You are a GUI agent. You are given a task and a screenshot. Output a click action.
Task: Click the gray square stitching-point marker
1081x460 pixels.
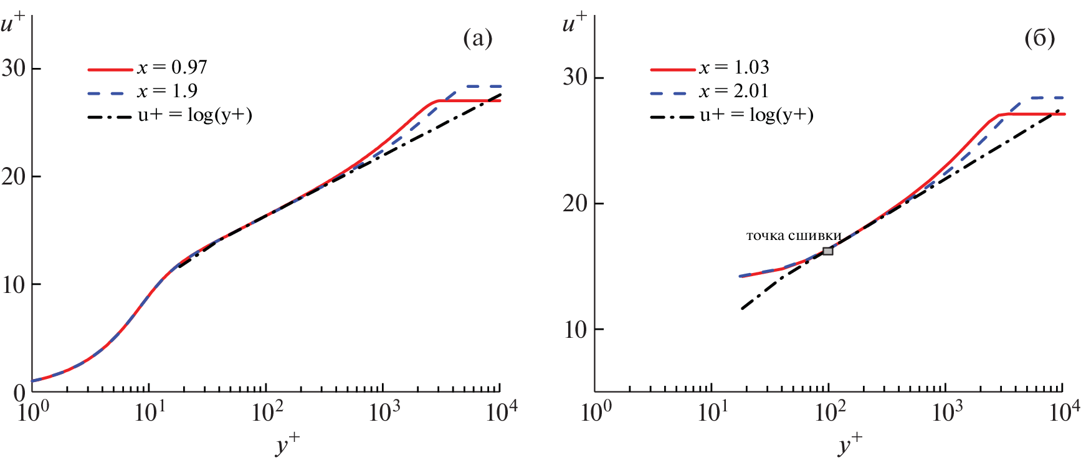click(x=827, y=251)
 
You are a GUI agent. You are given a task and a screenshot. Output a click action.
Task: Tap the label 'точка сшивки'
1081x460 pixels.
click(x=794, y=236)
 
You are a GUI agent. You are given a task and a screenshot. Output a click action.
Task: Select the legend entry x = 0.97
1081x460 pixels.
click(x=172, y=67)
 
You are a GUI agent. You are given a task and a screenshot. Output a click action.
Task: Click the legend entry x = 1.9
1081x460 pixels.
click(x=167, y=91)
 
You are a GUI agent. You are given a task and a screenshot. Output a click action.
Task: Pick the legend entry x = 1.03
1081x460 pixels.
click(x=734, y=67)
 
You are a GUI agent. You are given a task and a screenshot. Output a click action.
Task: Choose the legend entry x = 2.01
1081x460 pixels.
click(x=734, y=91)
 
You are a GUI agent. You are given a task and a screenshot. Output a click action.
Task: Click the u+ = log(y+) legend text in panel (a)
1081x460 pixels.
click(x=194, y=115)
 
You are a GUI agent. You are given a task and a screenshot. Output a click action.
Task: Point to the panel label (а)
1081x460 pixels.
click(x=478, y=39)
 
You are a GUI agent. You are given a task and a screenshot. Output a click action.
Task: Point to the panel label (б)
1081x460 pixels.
click(x=1039, y=39)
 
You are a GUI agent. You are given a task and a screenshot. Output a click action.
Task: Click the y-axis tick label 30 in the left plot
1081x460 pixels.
click(x=13, y=68)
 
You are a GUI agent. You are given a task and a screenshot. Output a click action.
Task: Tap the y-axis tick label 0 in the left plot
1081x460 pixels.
click(x=19, y=393)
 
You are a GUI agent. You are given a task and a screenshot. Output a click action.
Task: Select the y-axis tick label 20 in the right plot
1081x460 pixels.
click(x=575, y=204)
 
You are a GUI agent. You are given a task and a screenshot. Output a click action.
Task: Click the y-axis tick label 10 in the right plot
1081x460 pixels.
click(x=575, y=330)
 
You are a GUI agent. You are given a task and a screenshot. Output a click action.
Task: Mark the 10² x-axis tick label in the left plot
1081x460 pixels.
click(x=267, y=412)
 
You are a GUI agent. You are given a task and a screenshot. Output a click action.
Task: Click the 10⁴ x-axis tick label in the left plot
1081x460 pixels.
click(x=502, y=412)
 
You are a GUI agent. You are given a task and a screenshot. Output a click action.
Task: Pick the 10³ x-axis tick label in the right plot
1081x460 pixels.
click(x=947, y=412)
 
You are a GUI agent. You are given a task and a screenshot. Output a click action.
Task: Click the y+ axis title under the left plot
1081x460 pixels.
click(x=287, y=444)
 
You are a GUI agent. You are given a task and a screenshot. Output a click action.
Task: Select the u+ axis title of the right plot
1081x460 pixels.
click(x=574, y=24)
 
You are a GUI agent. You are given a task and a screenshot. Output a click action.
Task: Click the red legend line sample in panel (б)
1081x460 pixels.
click(x=673, y=69)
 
